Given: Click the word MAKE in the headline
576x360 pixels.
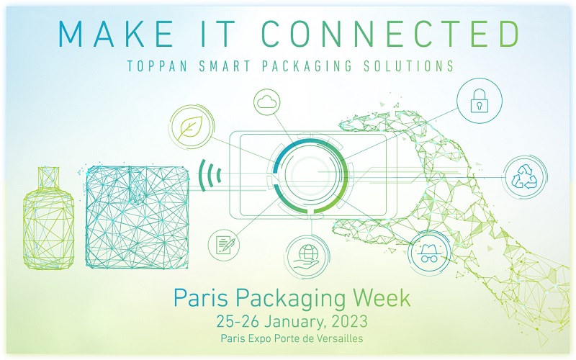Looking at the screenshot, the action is pyautogui.click(x=116, y=33).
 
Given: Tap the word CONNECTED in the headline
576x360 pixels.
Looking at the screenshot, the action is pyautogui.click(x=390, y=33).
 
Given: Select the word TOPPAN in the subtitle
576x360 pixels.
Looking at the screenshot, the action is pyautogui.click(x=157, y=66).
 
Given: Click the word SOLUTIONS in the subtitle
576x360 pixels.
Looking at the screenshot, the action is pyautogui.click(x=408, y=66).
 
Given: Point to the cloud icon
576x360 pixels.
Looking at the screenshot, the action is pyautogui.click(x=266, y=102).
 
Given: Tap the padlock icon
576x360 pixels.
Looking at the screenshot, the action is pyautogui.click(x=480, y=100).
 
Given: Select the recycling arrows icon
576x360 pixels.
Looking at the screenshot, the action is pyautogui.click(x=525, y=176).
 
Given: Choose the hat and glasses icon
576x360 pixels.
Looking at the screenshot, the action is pyautogui.click(x=429, y=252).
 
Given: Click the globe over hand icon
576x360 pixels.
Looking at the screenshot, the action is pyautogui.click(x=308, y=256).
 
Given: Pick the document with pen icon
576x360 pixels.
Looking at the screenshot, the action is pyautogui.click(x=224, y=244).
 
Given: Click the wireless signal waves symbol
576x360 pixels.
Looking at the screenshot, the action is pyautogui.click(x=210, y=175).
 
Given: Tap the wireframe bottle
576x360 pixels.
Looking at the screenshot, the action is pyautogui.click(x=48, y=218).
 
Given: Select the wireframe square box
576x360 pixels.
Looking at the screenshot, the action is pyautogui.click(x=137, y=217).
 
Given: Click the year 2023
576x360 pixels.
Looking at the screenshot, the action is pyautogui.click(x=349, y=321).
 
